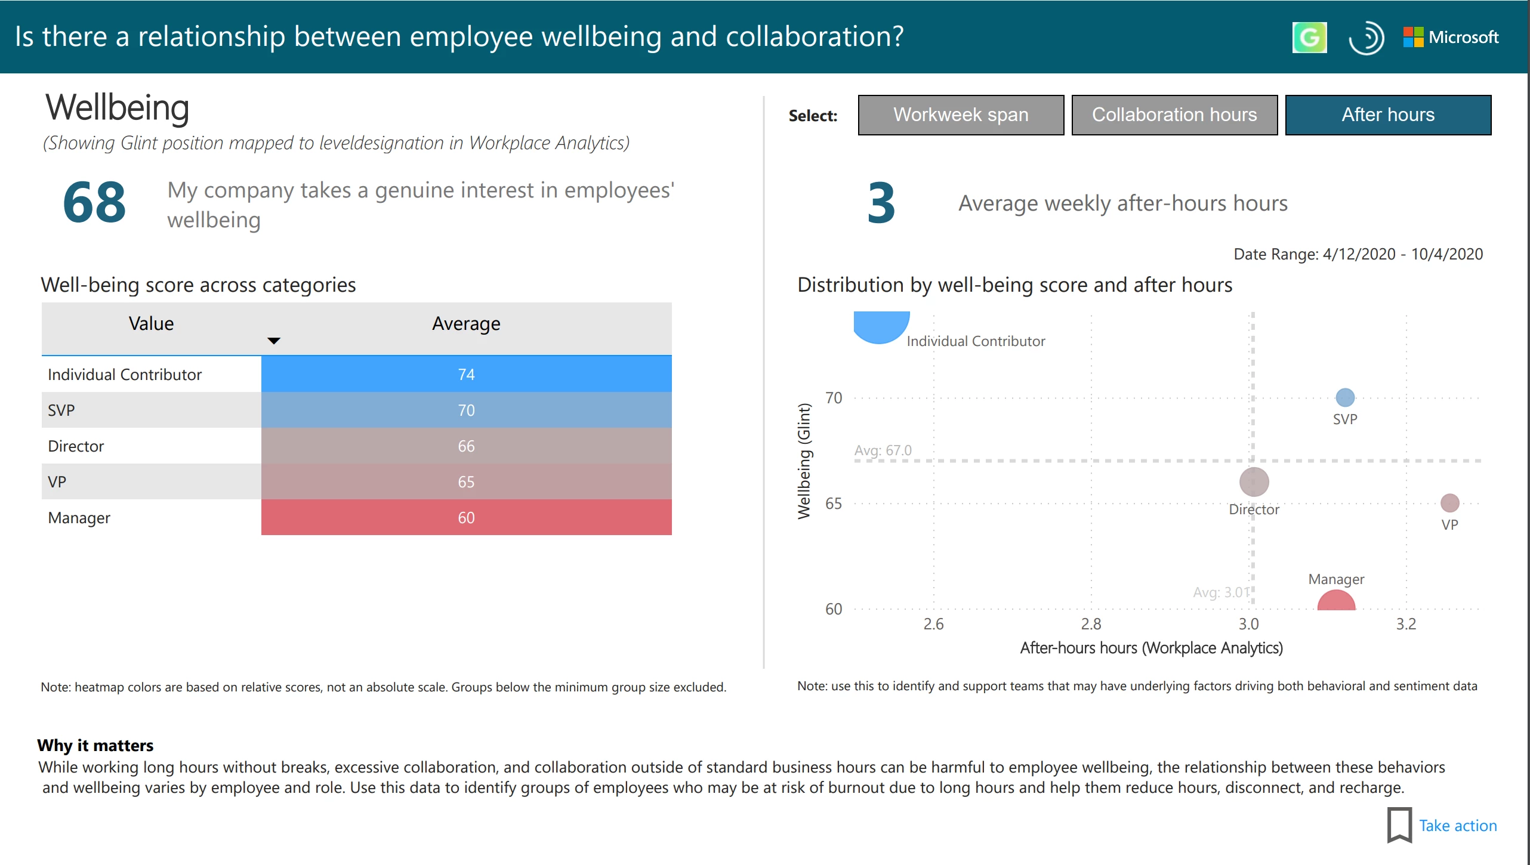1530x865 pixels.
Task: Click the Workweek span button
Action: coord(960,115)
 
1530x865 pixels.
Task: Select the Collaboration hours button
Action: coord(1174,115)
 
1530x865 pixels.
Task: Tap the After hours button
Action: coord(1387,115)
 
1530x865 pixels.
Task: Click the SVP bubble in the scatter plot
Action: coord(1344,397)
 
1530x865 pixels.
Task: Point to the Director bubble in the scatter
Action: coord(1254,482)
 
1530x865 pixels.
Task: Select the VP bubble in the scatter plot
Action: coord(1449,503)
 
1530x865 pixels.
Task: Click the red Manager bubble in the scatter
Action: coord(1336,601)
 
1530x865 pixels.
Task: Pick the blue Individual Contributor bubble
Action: coord(881,326)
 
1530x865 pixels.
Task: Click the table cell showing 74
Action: coord(466,374)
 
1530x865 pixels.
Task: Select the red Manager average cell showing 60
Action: coord(466,517)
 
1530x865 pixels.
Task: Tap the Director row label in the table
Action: coord(76,446)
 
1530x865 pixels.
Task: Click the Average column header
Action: coord(466,324)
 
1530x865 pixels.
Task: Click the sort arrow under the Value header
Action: coord(273,341)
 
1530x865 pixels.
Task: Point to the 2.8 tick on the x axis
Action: coord(1091,624)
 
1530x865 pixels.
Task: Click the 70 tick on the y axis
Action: coord(834,398)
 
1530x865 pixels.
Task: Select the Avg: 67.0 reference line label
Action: coord(883,450)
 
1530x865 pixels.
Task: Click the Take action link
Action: coord(1457,826)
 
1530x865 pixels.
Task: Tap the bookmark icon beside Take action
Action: coord(1399,825)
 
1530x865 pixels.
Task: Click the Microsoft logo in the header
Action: coord(1451,37)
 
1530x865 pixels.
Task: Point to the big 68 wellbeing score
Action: coord(94,203)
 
